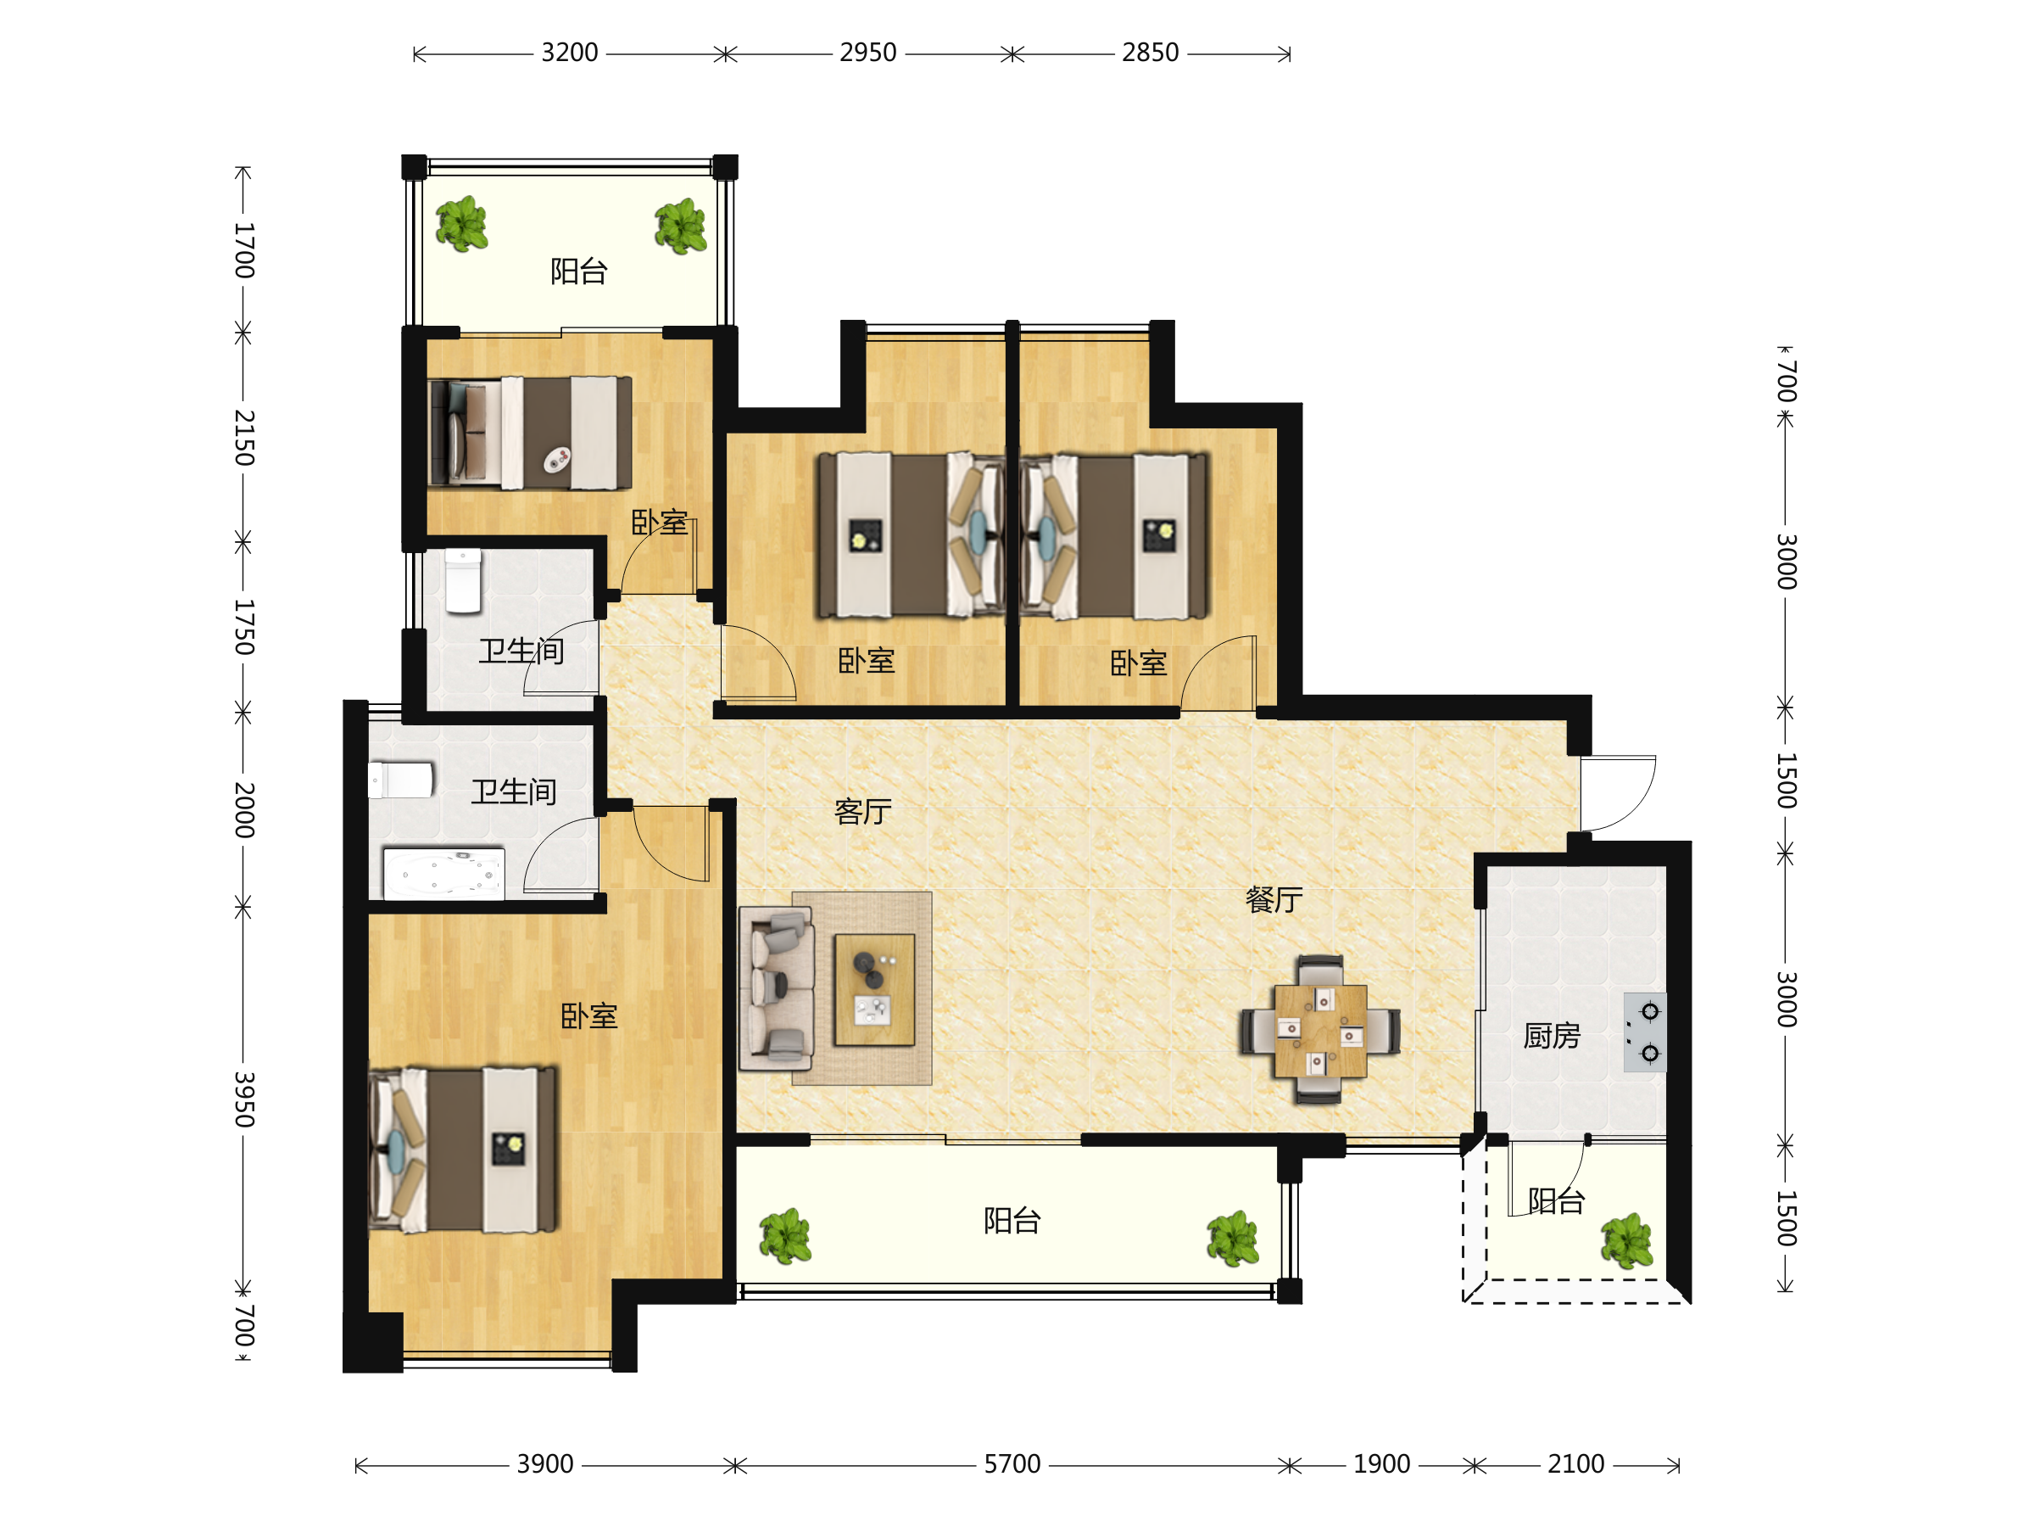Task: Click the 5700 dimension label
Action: click(x=1012, y=1464)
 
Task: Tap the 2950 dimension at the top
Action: click(x=867, y=53)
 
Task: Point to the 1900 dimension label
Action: click(x=1381, y=1464)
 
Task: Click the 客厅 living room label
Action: click(x=862, y=811)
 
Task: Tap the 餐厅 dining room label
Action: click(x=1274, y=899)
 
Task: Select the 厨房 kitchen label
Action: click(x=1551, y=1036)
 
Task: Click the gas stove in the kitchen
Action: click(x=1645, y=1032)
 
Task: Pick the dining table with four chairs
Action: click(x=1320, y=1029)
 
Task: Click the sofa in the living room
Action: click(x=776, y=988)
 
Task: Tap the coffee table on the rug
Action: click(x=874, y=989)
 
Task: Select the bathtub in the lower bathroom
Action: click(x=443, y=873)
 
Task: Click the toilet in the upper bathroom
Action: click(x=463, y=581)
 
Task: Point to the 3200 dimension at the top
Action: click(x=570, y=53)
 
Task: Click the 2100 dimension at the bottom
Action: click(x=1575, y=1464)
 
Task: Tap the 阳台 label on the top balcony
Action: click(x=578, y=271)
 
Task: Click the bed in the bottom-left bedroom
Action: click(x=463, y=1149)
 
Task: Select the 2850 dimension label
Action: click(x=1150, y=53)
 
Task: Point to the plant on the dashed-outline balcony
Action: click(x=1626, y=1241)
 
